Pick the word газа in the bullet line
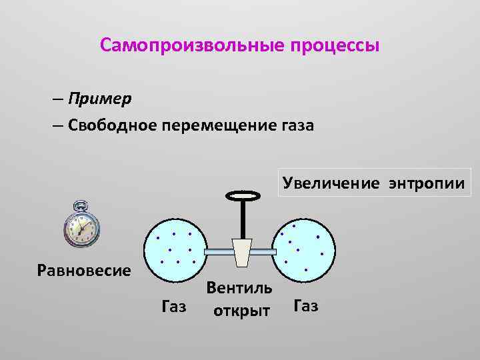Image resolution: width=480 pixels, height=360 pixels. (295, 125)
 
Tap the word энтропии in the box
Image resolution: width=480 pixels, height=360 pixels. (425, 182)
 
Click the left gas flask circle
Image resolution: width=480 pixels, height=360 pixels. (176, 248)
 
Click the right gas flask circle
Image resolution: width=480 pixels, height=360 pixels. (305, 248)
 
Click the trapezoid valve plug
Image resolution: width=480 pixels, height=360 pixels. (241, 251)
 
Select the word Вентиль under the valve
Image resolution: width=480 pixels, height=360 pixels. (239, 288)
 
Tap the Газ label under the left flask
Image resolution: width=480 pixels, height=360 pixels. (175, 307)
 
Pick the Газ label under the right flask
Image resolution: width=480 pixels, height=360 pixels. (306, 306)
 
